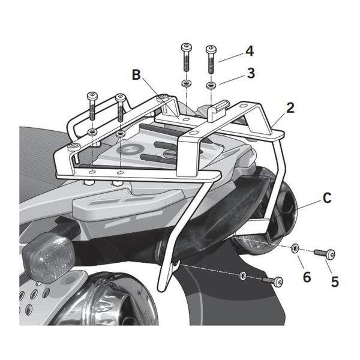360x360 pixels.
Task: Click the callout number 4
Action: pyautogui.click(x=249, y=51)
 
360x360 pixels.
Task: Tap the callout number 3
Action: pyautogui.click(x=250, y=73)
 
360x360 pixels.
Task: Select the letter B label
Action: pyautogui.click(x=136, y=76)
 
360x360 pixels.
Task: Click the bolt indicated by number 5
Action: pyautogui.click(x=325, y=253)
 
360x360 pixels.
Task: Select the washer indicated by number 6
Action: pyautogui.click(x=296, y=247)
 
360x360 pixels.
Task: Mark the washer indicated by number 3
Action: pyautogui.click(x=211, y=85)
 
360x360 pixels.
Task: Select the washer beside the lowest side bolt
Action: pyautogui.click(x=242, y=275)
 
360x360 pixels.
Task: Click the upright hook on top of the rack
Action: pyautogui.click(x=221, y=109)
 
